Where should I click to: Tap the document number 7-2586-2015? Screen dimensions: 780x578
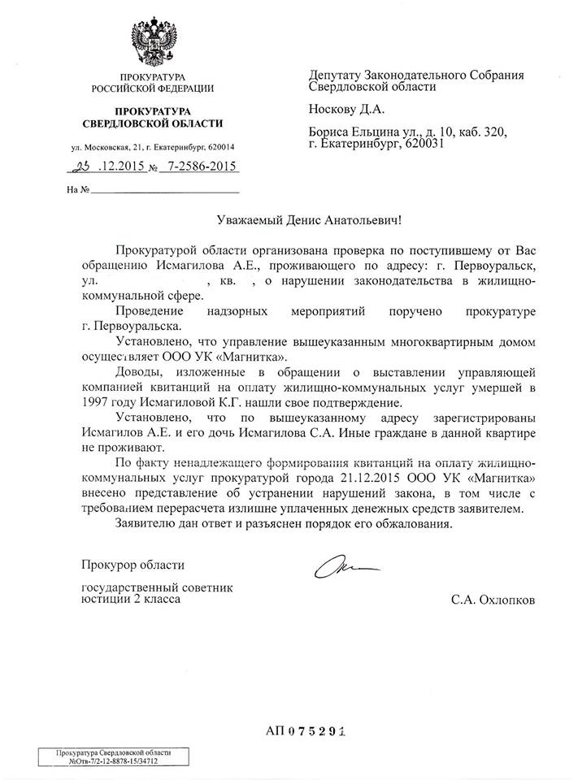[x=200, y=166]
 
